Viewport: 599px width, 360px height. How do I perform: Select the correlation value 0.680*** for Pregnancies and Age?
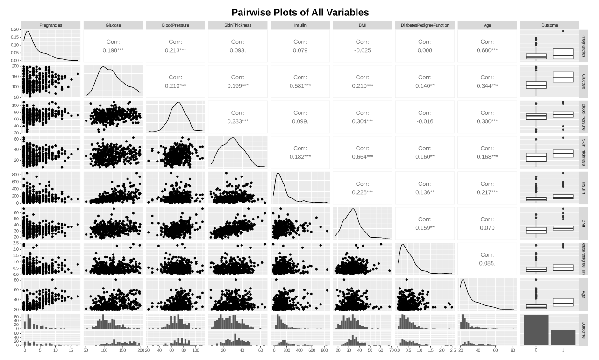coord(487,50)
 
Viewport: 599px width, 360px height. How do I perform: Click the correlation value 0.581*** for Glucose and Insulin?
coord(300,85)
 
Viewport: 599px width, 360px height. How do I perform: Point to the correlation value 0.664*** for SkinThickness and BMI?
coord(363,156)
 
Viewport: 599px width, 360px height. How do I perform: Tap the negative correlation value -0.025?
coord(363,50)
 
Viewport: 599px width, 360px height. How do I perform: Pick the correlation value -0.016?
coord(425,121)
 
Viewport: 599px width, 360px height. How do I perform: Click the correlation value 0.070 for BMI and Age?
coord(487,227)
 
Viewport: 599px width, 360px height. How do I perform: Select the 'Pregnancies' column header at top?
coord(51,25)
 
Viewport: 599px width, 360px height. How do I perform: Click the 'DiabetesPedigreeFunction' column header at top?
coord(425,25)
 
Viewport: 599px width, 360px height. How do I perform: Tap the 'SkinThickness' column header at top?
coord(238,25)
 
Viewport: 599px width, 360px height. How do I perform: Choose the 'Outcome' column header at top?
coord(549,25)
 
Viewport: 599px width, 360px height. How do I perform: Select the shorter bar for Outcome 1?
coord(563,337)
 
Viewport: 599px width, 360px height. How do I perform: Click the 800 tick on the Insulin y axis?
coord(15,174)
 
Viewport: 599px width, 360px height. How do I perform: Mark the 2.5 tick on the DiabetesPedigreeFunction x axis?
coord(453,349)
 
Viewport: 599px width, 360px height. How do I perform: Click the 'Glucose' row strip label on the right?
coord(584,81)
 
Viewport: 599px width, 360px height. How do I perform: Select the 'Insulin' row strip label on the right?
coord(584,188)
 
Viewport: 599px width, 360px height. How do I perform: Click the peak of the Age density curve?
coord(463,280)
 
